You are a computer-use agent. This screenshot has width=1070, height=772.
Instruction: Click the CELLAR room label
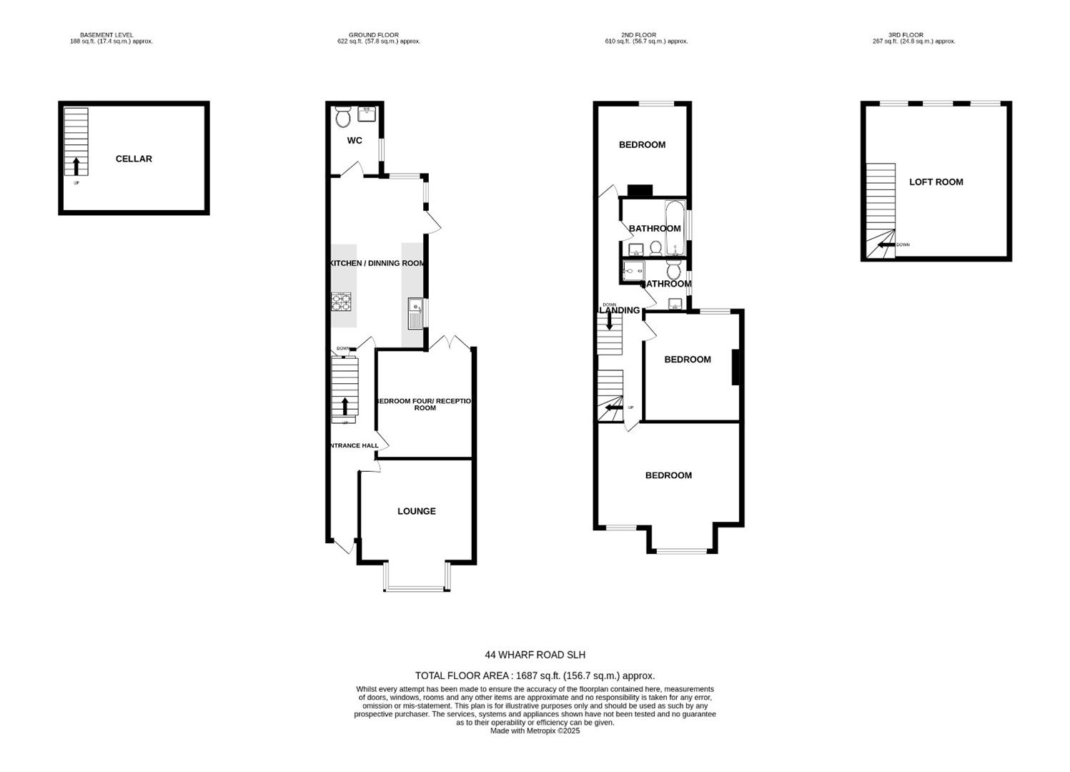point(134,159)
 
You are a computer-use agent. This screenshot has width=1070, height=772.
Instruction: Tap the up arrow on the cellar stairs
point(76,166)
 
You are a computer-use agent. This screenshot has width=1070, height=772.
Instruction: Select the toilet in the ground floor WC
point(343,117)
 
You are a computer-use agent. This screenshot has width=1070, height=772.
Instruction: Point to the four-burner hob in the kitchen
point(341,302)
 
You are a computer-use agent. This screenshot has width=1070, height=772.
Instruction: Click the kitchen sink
point(415,311)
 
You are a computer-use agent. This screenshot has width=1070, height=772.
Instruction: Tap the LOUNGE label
point(416,511)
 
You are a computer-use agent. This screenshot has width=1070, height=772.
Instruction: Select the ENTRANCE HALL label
point(353,445)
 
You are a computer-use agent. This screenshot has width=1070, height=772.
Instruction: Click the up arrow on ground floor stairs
point(345,406)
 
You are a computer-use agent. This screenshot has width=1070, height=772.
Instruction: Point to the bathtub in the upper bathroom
point(675,229)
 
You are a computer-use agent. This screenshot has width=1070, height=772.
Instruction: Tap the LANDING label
point(619,310)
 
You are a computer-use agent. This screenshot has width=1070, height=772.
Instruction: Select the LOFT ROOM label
point(936,182)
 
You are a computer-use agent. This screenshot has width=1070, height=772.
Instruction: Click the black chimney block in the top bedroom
point(640,190)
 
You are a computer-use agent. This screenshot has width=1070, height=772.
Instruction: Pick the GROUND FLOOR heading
point(373,34)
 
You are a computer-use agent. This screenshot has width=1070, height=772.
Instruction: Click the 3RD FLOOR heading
point(906,34)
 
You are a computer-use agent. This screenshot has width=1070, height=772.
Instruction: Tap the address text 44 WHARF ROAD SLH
point(535,654)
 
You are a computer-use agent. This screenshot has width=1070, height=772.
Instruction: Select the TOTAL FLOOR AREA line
point(535,675)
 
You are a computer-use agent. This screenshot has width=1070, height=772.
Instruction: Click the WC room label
point(355,140)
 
